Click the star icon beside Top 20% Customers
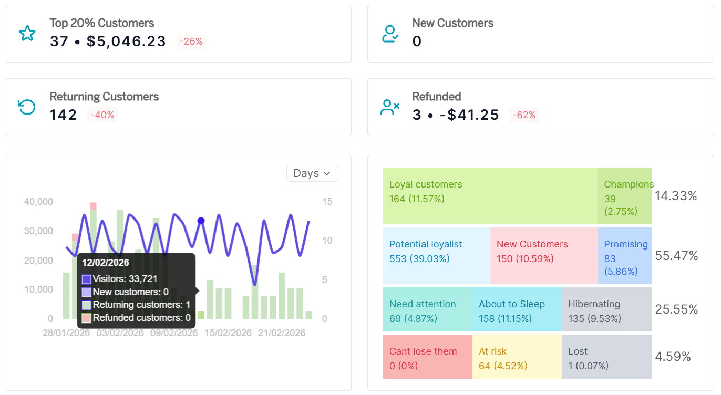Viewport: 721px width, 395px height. click(27, 34)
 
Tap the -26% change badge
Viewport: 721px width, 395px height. click(191, 41)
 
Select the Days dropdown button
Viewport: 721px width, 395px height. click(312, 173)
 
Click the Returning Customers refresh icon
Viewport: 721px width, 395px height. click(27, 107)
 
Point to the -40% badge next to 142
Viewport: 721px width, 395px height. click(102, 115)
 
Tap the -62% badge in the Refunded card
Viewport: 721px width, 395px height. click(524, 115)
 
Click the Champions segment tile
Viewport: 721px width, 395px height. click(624, 196)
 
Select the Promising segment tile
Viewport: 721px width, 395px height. click(624, 256)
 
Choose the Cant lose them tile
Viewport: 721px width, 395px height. click(428, 357)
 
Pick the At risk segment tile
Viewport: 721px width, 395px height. click(517, 357)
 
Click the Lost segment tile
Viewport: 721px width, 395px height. click(606, 357)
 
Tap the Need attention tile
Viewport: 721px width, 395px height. click(428, 310)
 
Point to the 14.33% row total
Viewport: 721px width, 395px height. click(676, 196)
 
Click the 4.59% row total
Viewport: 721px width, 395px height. click(673, 357)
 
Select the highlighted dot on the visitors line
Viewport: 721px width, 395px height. click(201, 221)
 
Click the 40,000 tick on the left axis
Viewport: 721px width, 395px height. click(39, 202)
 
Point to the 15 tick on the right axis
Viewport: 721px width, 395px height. click(327, 202)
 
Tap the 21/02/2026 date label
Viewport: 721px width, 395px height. click(282, 333)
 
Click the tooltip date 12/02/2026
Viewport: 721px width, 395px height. click(106, 263)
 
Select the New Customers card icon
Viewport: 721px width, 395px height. click(390, 34)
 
